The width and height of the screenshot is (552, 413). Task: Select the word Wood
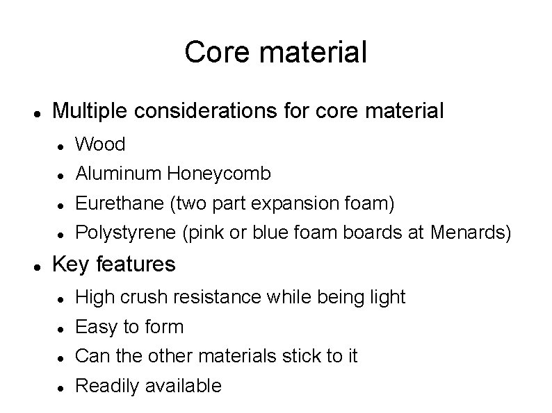[x=100, y=144]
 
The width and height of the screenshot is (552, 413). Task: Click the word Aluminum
[x=119, y=173]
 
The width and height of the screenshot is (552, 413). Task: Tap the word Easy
[x=94, y=326]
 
